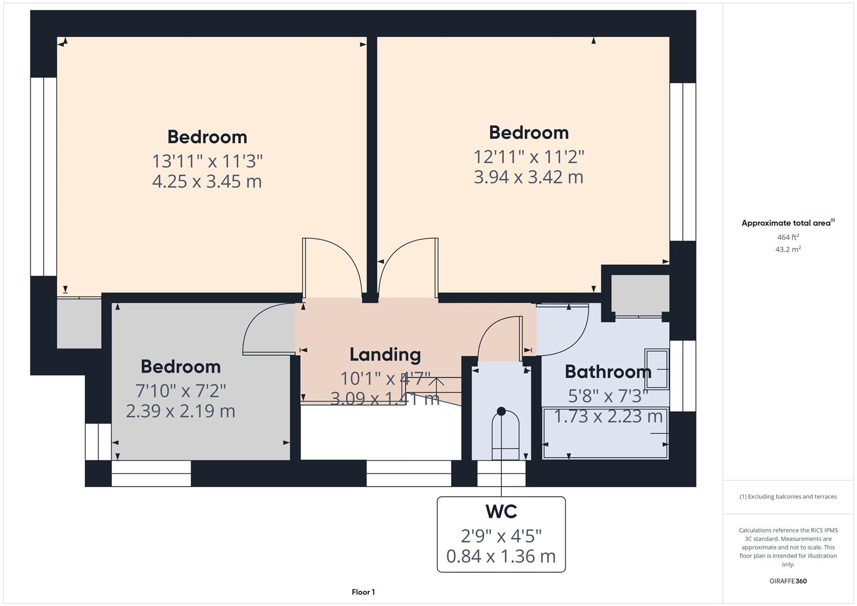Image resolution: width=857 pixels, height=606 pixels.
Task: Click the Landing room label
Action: coord(385,355)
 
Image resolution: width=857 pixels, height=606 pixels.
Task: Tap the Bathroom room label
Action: coord(608,371)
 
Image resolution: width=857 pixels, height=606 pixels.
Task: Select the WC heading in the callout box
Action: coord(501,512)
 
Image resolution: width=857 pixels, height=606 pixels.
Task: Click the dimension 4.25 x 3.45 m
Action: coord(207,182)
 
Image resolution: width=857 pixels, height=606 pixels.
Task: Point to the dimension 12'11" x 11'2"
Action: coord(529,157)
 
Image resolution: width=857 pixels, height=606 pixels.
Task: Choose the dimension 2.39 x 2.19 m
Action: coord(181,411)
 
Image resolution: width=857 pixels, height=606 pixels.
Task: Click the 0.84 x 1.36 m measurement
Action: coord(501,556)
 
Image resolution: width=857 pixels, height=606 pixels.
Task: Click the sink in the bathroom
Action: coord(657,369)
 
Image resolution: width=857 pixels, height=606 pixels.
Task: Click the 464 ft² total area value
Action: coord(788,237)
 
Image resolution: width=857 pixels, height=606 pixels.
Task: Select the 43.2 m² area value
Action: coord(788,250)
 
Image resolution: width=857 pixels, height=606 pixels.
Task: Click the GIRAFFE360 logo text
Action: coord(788,581)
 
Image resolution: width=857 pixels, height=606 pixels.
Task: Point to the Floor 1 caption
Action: coord(363,592)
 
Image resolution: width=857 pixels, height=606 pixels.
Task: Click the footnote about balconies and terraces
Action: coord(788,497)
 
